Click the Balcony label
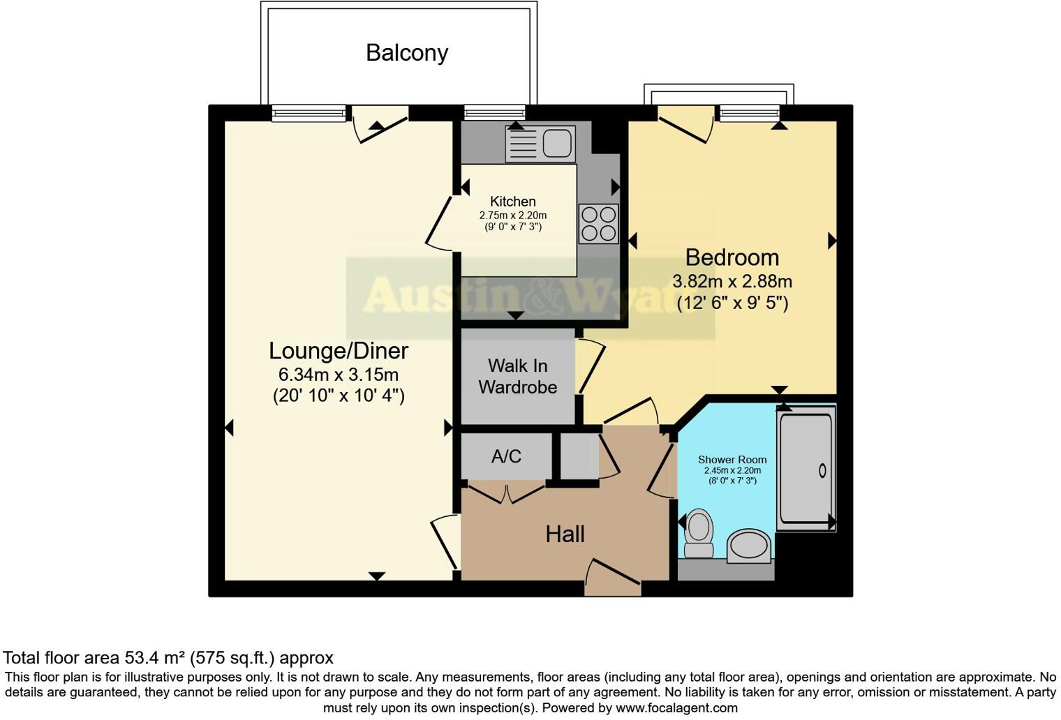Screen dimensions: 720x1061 406,53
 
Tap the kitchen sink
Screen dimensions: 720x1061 541,144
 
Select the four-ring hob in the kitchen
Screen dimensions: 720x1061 598,223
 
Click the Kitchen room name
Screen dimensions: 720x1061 512,202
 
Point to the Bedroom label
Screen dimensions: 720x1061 732,257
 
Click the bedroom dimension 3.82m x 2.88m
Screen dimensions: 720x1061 732,282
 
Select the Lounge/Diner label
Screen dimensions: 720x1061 339,350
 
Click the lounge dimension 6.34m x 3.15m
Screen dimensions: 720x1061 339,374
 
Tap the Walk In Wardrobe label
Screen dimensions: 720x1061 517,376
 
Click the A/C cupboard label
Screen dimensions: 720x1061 506,456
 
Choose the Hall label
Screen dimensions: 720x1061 565,534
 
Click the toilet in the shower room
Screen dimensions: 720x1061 698,533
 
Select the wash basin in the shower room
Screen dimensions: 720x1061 750,546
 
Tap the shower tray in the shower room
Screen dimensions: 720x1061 806,468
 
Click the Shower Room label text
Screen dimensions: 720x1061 732,460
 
